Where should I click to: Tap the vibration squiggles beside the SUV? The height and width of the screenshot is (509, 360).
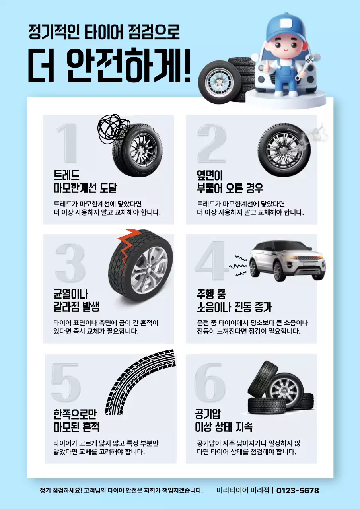[x=238, y=265]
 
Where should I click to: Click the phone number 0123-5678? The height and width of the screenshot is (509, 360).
[x=298, y=490]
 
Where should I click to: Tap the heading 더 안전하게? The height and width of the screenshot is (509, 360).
[x=109, y=66]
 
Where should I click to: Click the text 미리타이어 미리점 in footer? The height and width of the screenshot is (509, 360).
[x=243, y=490]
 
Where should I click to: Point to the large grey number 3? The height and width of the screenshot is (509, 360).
[x=70, y=263]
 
